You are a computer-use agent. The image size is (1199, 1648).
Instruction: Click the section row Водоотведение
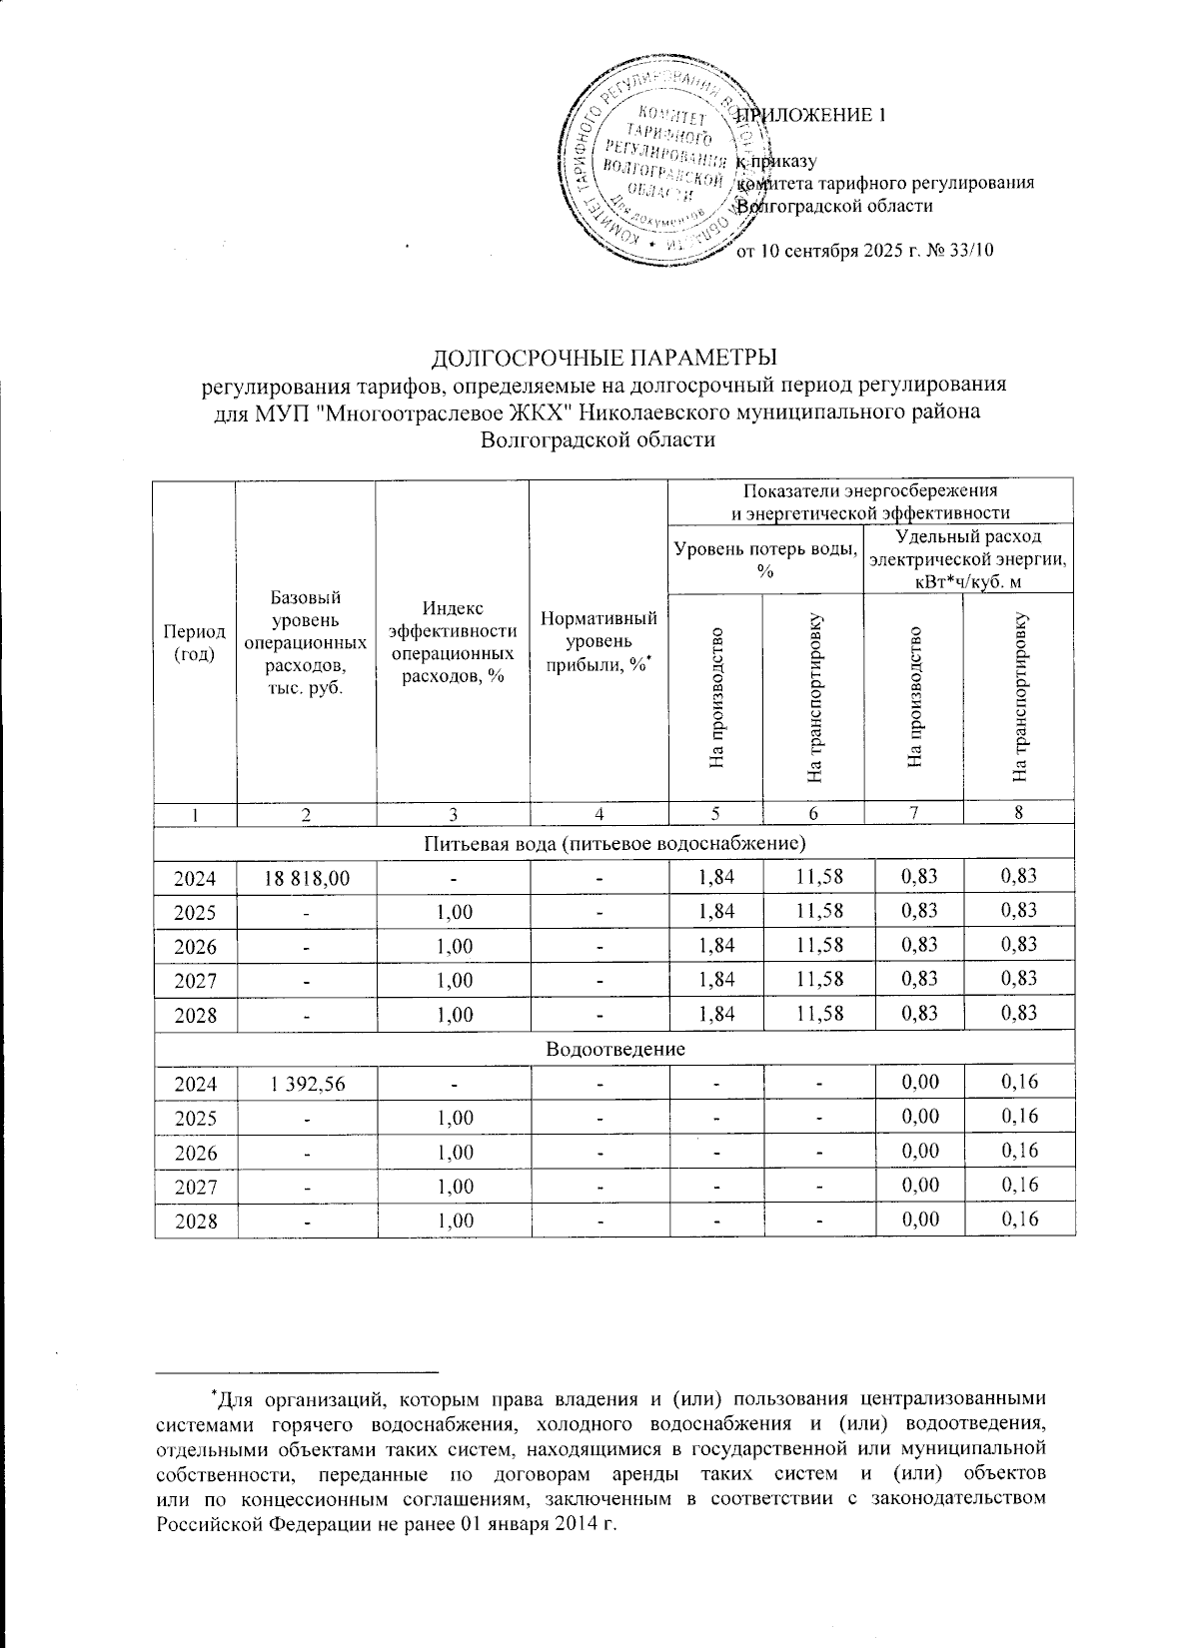pyautogui.click(x=614, y=1049)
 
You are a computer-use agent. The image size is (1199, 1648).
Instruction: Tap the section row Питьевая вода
pyautogui.click(x=614, y=843)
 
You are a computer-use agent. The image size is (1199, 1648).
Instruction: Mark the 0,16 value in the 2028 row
pyautogui.click(x=1018, y=1219)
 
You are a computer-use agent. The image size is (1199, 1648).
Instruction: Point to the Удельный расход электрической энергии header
pyautogui.click(x=968, y=558)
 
